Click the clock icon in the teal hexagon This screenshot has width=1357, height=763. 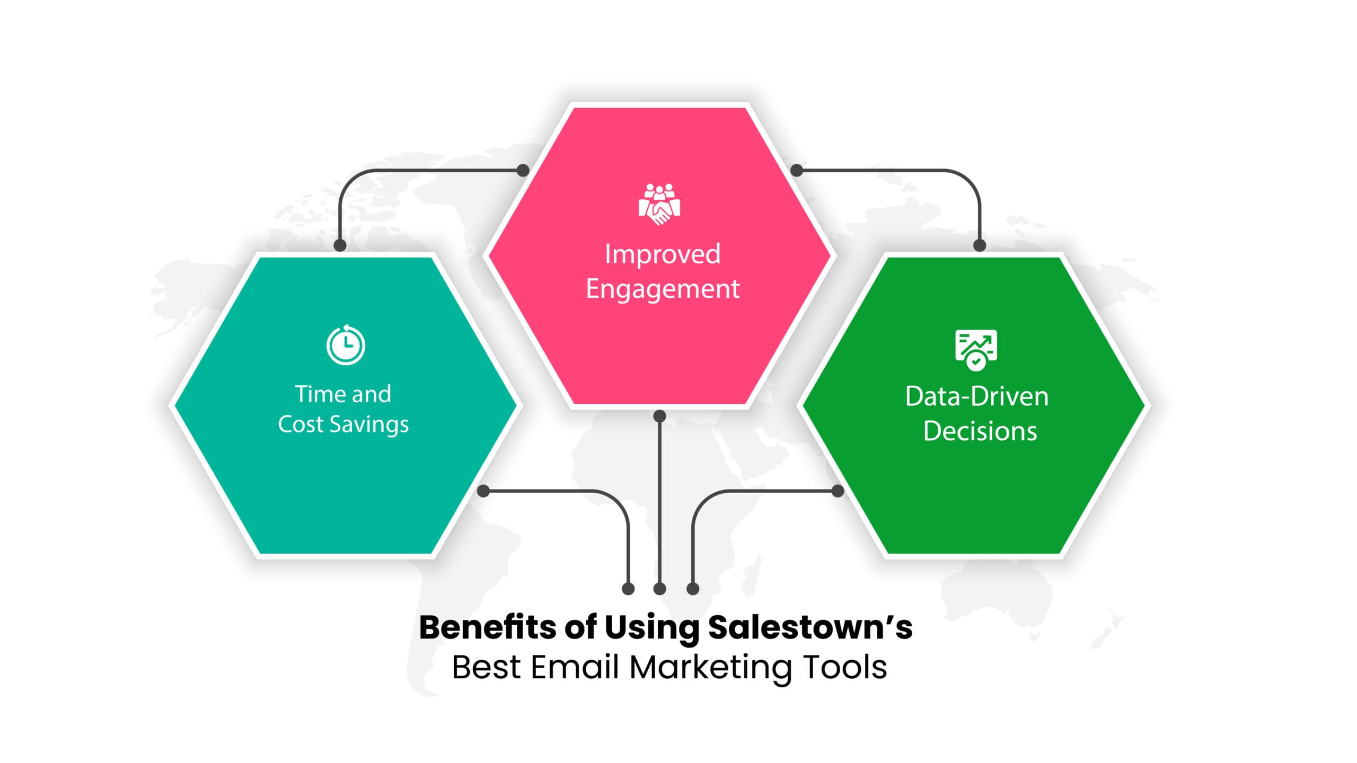346,345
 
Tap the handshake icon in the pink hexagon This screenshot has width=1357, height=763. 659,205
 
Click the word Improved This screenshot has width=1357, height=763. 663,254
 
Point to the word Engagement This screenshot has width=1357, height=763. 663,289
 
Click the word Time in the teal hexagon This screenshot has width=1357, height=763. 316,394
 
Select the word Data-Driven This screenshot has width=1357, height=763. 977,396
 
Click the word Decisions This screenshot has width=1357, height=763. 980,431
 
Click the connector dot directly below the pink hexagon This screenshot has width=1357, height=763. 659,416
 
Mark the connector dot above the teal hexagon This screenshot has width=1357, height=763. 340,245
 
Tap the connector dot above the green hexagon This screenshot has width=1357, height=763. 980,245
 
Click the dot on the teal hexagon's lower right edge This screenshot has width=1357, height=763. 483,491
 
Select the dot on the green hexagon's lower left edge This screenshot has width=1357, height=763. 838,491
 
